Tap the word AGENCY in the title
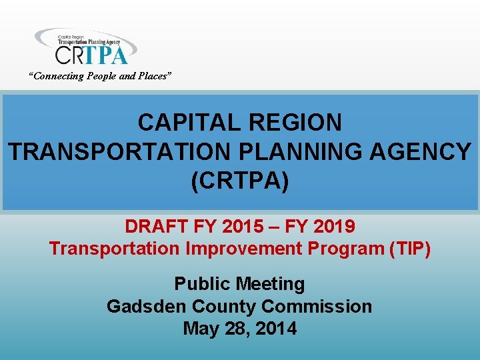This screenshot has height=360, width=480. (418, 152)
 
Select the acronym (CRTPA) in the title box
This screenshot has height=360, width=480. (240, 181)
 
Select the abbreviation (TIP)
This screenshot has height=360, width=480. (409, 249)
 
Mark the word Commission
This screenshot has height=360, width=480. (317, 307)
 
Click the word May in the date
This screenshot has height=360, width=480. (199, 329)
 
